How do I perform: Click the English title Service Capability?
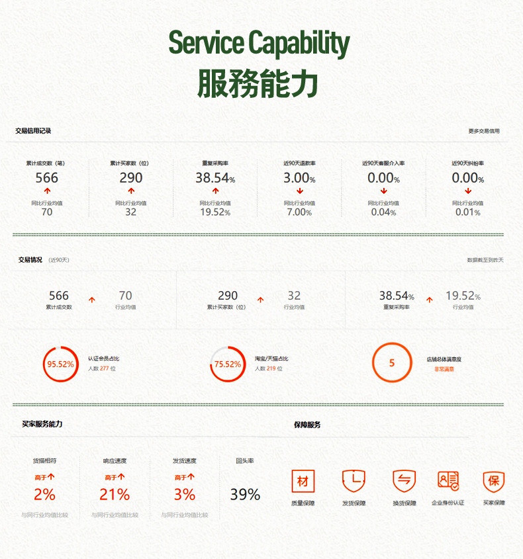click(x=259, y=43)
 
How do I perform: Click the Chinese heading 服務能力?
click(x=258, y=83)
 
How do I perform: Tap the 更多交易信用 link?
click(x=484, y=131)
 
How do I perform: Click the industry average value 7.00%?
click(x=299, y=212)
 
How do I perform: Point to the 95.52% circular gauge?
click(x=60, y=364)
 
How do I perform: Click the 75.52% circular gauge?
click(x=228, y=364)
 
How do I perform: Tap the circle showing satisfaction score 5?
click(x=391, y=363)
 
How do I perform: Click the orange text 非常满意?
click(x=444, y=369)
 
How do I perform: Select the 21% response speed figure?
click(x=115, y=494)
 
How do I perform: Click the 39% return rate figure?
click(x=245, y=494)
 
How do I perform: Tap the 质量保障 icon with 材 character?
click(x=303, y=481)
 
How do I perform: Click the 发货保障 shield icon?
click(x=354, y=481)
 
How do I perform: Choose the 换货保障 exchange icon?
click(x=404, y=481)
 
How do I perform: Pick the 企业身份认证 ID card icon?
click(x=448, y=481)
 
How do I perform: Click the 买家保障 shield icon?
click(x=493, y=481)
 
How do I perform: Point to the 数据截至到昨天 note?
click(x=485, y=260)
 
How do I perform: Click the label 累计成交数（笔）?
click(x=46, y=163)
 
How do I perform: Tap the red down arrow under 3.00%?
click(x=299, y=191)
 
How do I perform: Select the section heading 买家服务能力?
click(x=42, y=424)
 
